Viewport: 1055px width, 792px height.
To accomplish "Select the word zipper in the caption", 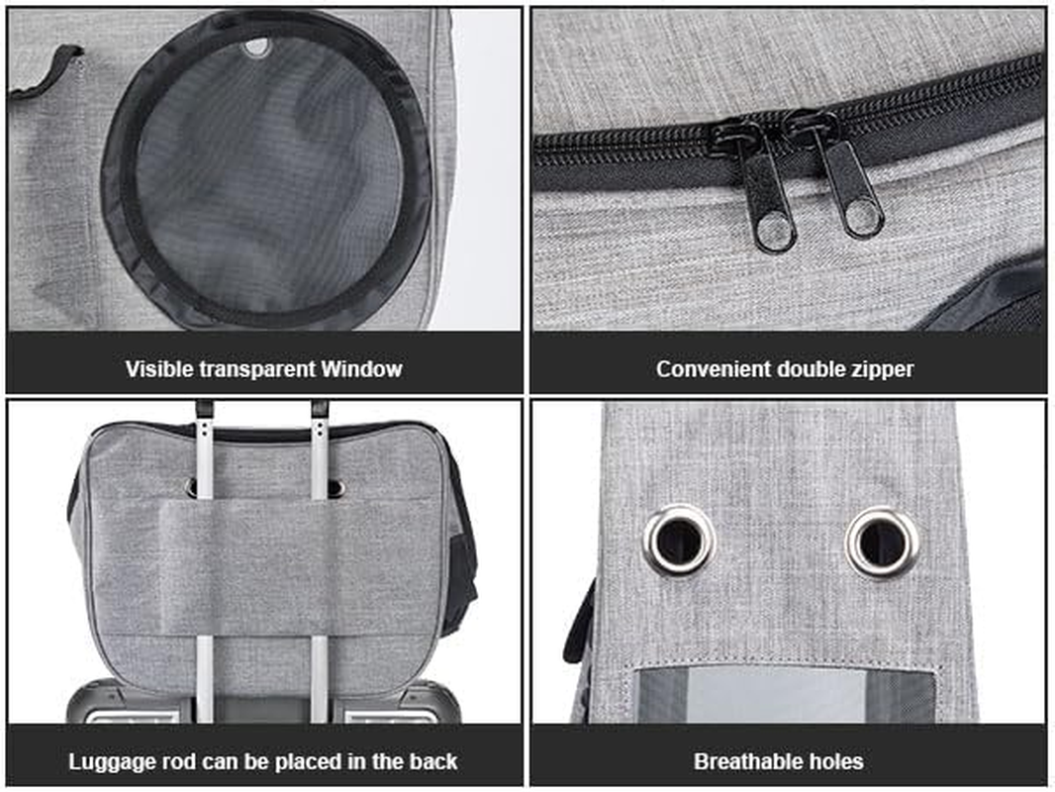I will click(884, 369).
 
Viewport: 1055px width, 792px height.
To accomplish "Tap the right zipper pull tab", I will click(856, 193).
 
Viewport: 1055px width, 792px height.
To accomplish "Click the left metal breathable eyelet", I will click(679, 541).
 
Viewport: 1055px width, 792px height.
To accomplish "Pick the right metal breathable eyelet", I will click(881, 541).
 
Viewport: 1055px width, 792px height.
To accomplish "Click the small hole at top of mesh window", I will click(256, 45).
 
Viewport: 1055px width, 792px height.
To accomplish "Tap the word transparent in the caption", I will click(255, 369).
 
